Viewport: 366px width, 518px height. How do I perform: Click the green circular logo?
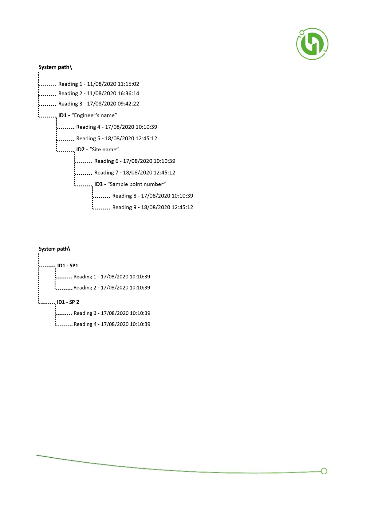click(x=312, y=44)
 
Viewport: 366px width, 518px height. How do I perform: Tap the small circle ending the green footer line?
click(x=324, y=471)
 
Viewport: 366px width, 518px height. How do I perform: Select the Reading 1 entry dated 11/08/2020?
click(x=98, y=84)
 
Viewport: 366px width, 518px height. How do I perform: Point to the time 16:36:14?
click(x=128, y=94)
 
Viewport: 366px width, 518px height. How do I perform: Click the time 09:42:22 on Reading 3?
click(x=128, y=104)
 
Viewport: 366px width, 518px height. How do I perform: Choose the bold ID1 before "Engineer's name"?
click(x=62, y=115)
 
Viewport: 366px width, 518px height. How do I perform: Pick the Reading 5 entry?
click(x=116, y=138)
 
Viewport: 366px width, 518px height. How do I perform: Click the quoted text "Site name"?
click(x=104, y=149)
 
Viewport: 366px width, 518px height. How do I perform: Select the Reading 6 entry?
click(x=135, y=161)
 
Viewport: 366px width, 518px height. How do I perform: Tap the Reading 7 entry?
click(x=135, y=173)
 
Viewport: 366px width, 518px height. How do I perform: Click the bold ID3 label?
click(x=98, y=184)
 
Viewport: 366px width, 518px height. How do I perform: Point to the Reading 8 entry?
click(x=152, y=196)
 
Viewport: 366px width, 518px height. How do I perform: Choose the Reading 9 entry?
click(x=152, y=207)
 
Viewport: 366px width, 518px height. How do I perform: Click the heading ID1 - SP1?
click(x=68, y=265)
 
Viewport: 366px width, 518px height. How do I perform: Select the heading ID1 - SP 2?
click(x=68, y=302)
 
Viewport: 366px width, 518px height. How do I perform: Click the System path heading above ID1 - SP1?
click(x=54, y=249)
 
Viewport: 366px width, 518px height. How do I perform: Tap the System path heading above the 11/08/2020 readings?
click(x=55, y=67)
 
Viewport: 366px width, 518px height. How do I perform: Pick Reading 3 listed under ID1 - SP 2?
click(x=112, y=313)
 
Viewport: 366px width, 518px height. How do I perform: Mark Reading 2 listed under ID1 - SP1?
click(x=112, y=288)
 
